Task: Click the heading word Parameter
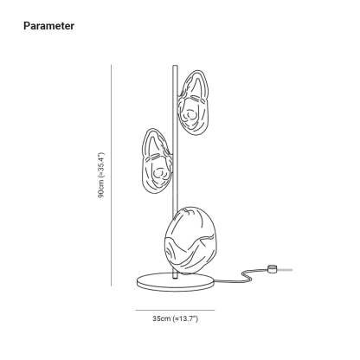48,26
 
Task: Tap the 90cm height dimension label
101,176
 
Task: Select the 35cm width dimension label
176,318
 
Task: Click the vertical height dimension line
111,175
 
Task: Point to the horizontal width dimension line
175,311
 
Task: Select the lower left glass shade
157,160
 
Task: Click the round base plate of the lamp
176,282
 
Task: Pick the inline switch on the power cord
271,269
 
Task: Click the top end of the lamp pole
175,66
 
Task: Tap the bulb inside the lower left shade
158,173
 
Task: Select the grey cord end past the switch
284,270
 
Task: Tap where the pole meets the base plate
175,279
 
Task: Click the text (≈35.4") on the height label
101,164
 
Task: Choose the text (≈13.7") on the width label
185,318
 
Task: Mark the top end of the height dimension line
111,65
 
